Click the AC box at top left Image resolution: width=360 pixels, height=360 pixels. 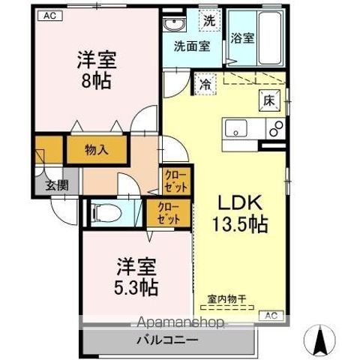click(x=47, y=15)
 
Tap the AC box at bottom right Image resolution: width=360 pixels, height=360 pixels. click(x=272, y=315)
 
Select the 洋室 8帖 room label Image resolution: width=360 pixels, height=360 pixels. click(x=94, y=70)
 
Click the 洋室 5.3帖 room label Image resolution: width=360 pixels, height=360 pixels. click(x=136, y=277)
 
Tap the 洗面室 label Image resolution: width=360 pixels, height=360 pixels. click(x=192, y=45)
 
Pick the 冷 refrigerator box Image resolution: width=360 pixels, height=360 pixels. click(x=205, y=85)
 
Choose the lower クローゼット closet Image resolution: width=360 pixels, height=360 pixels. click(x=169, y=214)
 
